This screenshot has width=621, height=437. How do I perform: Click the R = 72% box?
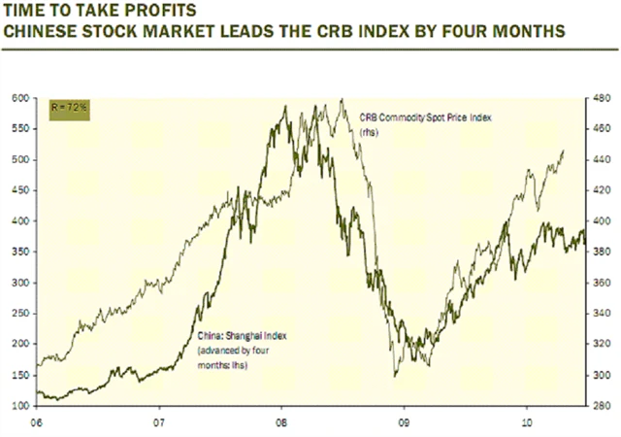coord(71,106)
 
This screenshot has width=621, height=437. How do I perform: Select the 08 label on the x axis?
coord(281,421)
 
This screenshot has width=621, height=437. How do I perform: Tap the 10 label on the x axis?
coord(525,421)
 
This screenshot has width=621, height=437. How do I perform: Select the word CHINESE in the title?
coord(40,31)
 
